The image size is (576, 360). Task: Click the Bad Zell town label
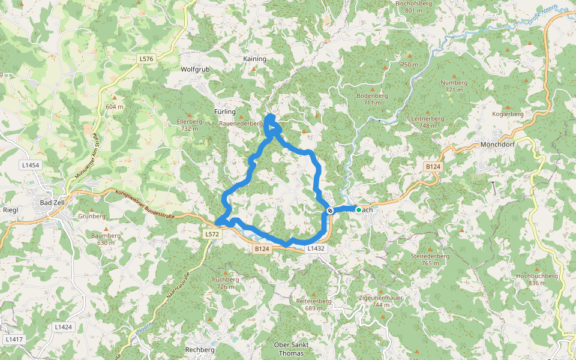click(52, 203)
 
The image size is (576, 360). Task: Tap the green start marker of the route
click(358, 210)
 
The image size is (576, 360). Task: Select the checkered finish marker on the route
click(330, 211)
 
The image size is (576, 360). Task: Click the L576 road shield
click(146, 59)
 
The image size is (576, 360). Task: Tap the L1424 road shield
click(63, 327)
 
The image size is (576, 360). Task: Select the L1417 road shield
click(14, 340)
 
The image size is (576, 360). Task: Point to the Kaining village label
click(254, 59)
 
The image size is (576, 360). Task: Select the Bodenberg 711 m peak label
click(372, 99)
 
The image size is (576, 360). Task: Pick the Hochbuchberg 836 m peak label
click(536, 280)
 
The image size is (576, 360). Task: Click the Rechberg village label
click(200, 350)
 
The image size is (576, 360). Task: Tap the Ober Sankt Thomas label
click(291, 349)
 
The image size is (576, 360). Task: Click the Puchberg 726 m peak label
click(226, 283)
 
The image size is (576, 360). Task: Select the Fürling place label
click(225, 112)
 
